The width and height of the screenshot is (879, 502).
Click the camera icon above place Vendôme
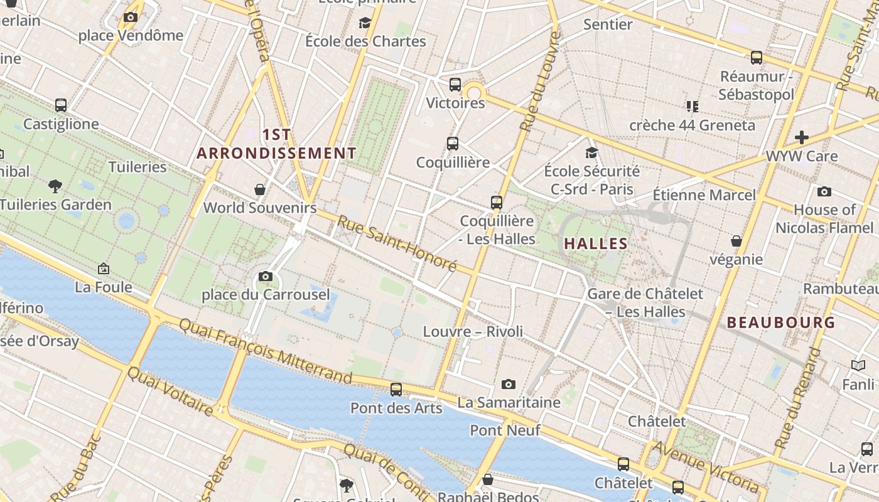131,17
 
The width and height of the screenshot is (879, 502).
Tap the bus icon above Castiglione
61,105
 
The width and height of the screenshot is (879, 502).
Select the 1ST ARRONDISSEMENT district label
276,144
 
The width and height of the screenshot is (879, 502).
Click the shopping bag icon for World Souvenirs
259,189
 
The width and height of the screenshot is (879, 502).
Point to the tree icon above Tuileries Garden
55,185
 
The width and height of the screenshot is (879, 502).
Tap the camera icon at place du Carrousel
265,276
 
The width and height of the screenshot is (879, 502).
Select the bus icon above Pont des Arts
396,389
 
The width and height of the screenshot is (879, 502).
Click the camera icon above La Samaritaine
509,384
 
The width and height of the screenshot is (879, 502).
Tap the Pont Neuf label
505,430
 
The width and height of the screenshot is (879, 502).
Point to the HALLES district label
596,243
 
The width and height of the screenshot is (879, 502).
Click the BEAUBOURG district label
781,323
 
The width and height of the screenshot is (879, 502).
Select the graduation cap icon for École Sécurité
591,152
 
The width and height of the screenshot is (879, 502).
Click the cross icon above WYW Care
801,137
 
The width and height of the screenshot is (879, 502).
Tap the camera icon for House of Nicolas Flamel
824,191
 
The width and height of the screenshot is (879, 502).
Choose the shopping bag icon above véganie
736,241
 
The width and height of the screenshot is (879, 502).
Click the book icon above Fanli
858,365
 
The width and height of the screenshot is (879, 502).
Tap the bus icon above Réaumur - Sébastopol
757,58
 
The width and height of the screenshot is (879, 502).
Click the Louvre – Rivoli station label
473,331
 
